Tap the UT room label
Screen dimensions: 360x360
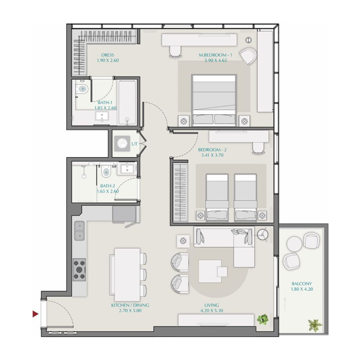[134, 144]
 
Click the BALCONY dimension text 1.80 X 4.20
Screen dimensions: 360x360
[301, 289]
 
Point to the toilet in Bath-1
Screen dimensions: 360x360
[82, 89]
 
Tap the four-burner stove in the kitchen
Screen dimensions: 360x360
[80, 270]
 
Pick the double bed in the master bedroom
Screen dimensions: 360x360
[214, 99]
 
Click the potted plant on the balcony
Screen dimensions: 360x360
[315, 325]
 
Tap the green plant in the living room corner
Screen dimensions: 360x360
[262, 320]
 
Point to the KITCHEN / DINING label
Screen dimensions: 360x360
[130, 305]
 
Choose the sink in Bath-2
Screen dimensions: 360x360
[126, 169]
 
